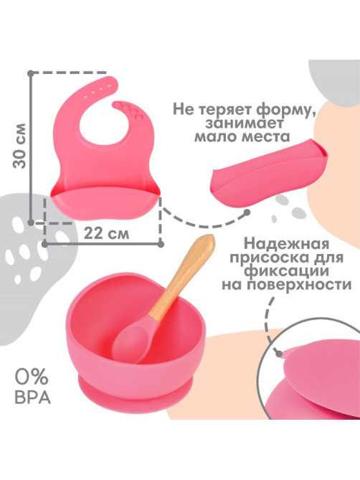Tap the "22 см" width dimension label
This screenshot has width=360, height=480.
pyautogui.click(x=106, y=234)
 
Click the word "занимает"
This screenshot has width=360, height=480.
pyautogui.click(x=245, y=123)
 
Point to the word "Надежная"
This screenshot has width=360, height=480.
pyautogui.click(x=287, y=244)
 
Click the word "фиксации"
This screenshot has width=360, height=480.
pyautogui.click(x=287, y=271)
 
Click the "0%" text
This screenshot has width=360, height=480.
pyautogui.click(x=32, y=377)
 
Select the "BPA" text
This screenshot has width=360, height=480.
pyautogui.click(x=33, y=397)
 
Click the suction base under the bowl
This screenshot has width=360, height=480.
pyautogui.click(x=136, y=394)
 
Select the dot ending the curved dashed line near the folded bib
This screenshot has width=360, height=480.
pyautogui.click(x=247, y=212)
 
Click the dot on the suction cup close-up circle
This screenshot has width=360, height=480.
pyautogui.click(x=279, y=354)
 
